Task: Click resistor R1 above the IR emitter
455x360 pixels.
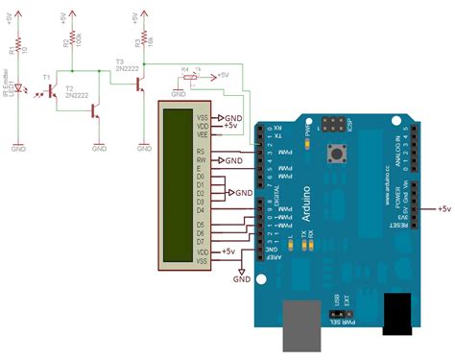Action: coord(18,45)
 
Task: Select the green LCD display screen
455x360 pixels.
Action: coord(180,186)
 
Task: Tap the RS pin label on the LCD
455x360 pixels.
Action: coord(200,151)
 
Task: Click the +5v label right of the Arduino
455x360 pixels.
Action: coord(443,208)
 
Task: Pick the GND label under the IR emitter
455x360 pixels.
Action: coord(18,149)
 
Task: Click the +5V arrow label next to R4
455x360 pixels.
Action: coord(220,73)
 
